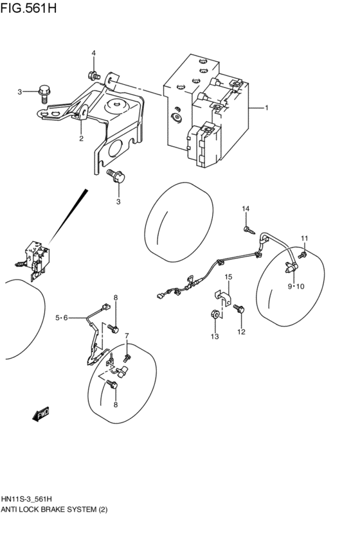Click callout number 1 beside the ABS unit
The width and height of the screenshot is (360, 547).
266,108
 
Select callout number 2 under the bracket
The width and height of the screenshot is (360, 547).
82,138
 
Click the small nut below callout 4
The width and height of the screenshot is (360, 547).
94,75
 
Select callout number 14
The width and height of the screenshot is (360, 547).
246,210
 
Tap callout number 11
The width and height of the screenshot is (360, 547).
305,239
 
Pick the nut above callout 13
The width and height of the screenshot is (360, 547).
215,315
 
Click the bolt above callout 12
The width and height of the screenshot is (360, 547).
239,309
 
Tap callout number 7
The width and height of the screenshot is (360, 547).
127,336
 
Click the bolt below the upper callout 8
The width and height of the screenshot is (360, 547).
114,328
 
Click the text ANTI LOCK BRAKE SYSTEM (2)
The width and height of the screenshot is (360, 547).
55,510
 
